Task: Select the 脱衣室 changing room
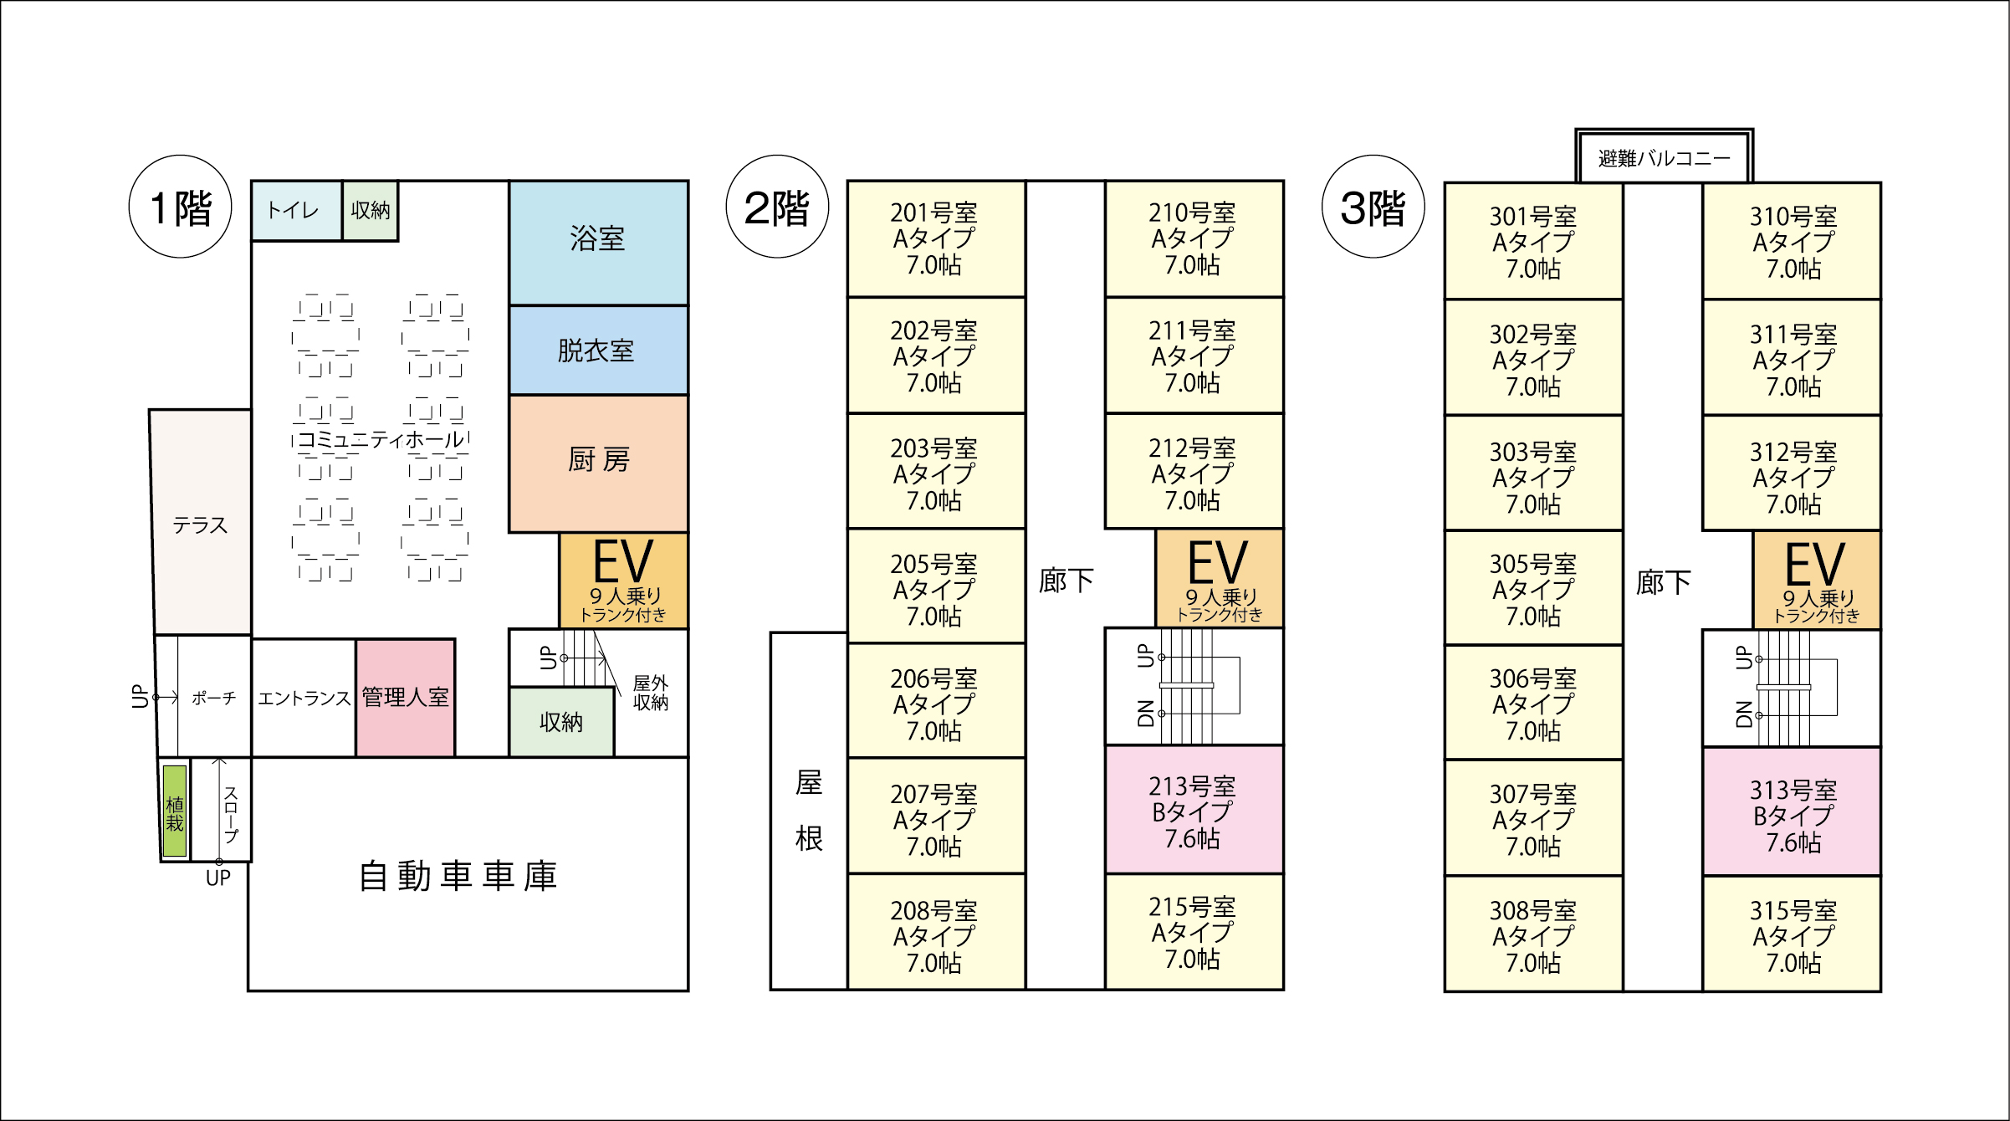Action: point(598,350)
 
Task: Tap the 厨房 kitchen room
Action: point(598,462)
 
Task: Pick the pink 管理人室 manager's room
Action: point(405,698)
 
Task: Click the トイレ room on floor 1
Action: point(295,210)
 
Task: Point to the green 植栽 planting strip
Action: point(174,810)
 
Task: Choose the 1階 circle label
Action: point(180,207)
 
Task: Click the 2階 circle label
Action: point(777,207)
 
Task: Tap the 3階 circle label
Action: point(1373,207)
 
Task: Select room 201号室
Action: point(935,238)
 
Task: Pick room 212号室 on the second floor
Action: point(1194,473)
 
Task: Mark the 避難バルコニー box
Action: point(1664,157)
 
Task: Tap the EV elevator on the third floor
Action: point(1816,581)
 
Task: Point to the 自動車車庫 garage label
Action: point(458,876)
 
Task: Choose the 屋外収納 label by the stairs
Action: point(650,693)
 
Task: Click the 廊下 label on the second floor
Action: point(1066,580)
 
